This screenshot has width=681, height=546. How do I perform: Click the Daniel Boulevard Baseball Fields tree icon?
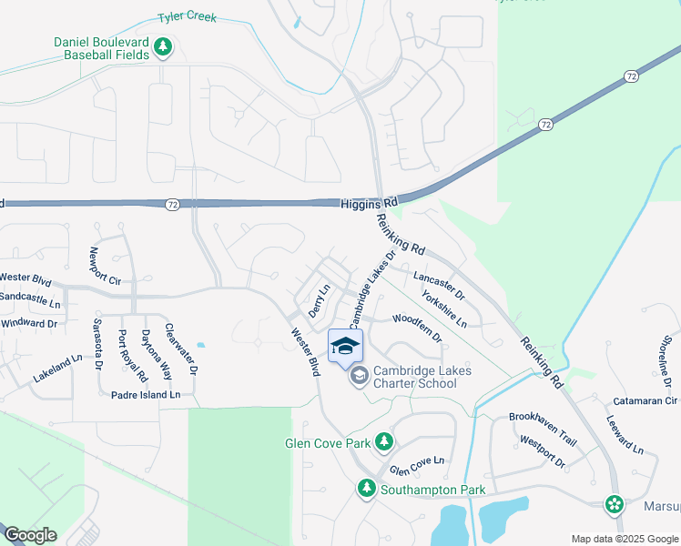pyautogui.click(x=163, y=46)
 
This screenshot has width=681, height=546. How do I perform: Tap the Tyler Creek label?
pyautogui.click(x=187, y=17)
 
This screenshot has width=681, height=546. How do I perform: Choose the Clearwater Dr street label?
pyautogui.click(x=181, y=351)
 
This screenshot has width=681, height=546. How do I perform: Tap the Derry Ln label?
pyautogui.click(x=318, y=300)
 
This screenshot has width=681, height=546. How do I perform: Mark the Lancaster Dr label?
pyautogui.click(x=439, y=285)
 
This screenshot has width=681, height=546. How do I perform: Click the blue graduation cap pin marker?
pyautogui.click(x=345, y=347)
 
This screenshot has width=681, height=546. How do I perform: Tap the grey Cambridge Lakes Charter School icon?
pyautogui.click(x=360, y=375)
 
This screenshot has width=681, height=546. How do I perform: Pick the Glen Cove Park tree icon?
pyautogui.click(x=384, y=441)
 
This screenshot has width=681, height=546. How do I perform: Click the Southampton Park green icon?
pyautogui.click(x=366, y=489)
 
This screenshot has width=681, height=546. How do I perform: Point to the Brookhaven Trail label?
pyautogui.click(x=543, y=427)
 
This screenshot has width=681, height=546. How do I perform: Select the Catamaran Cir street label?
pyautogui.click(x=646, y=400)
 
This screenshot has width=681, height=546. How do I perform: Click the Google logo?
pyautogui.click(x=30, y=535)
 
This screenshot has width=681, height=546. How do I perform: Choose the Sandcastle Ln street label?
pyautogui.click(x=29, y=298)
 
